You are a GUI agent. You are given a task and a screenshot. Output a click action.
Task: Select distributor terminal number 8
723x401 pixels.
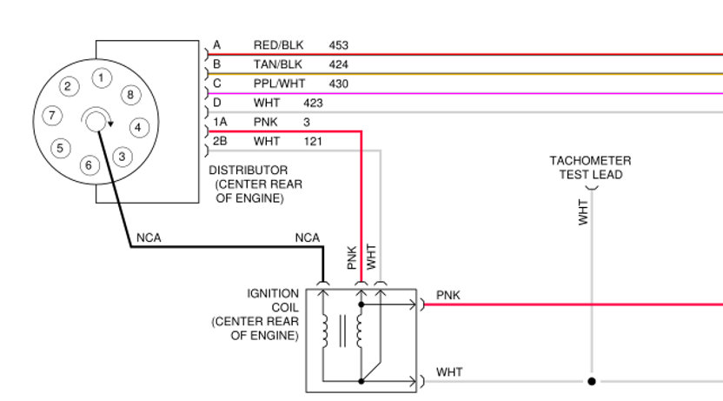coord(129,94)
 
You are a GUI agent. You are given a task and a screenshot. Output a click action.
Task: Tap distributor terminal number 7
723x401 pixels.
coord(53,115)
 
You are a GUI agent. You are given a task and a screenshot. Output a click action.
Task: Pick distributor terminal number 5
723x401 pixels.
coord(60,148)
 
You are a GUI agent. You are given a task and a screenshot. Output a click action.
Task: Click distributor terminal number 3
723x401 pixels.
coord(122,157)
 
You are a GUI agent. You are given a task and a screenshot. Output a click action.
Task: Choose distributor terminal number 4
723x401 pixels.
coord(136,127)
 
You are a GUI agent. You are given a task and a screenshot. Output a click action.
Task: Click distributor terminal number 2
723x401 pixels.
coord(70,86)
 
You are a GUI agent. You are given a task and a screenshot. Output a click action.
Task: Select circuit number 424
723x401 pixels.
coord(338,64)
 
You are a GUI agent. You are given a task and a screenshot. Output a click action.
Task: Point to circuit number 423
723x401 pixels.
coord(313,103)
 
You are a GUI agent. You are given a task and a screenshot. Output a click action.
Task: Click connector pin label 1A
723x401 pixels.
coord(220,122)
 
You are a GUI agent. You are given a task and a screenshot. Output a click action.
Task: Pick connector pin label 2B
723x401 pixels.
coord(220,141)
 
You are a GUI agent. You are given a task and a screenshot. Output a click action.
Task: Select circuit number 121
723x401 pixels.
coord(313,141)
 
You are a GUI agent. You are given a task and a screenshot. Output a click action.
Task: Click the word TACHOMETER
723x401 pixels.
coord(590,161)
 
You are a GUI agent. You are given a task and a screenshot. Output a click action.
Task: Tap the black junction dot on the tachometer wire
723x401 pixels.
coord(591,381)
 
